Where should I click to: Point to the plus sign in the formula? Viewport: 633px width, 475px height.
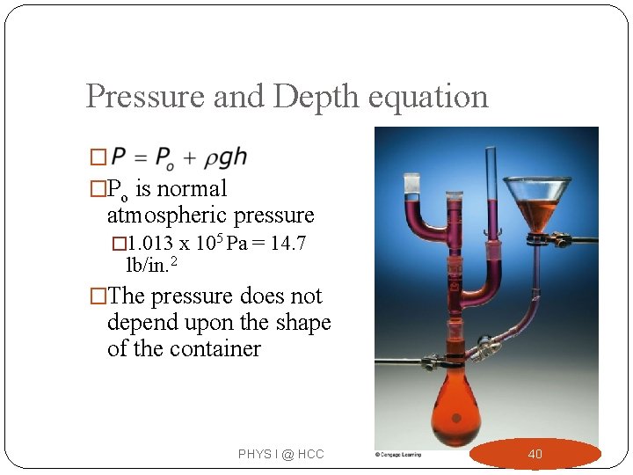[190, 158]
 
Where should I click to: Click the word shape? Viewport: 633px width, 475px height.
[296, 322]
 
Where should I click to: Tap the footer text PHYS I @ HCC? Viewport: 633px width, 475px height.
[280, 454]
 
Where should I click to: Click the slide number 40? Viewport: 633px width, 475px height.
[535, 454]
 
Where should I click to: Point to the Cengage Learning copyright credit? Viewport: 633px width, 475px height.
[398, 454]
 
